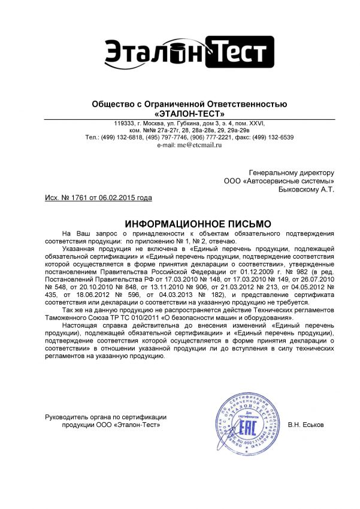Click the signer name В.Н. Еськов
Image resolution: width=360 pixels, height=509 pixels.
click(x=305, y=425)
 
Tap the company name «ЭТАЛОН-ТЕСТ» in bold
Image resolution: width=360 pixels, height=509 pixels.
click(x=189, y=113)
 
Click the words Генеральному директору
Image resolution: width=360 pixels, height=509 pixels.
click(x=291, y=172)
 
